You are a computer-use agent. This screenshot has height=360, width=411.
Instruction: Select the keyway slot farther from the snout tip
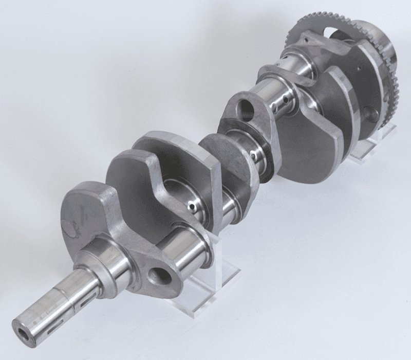[82, 294]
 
